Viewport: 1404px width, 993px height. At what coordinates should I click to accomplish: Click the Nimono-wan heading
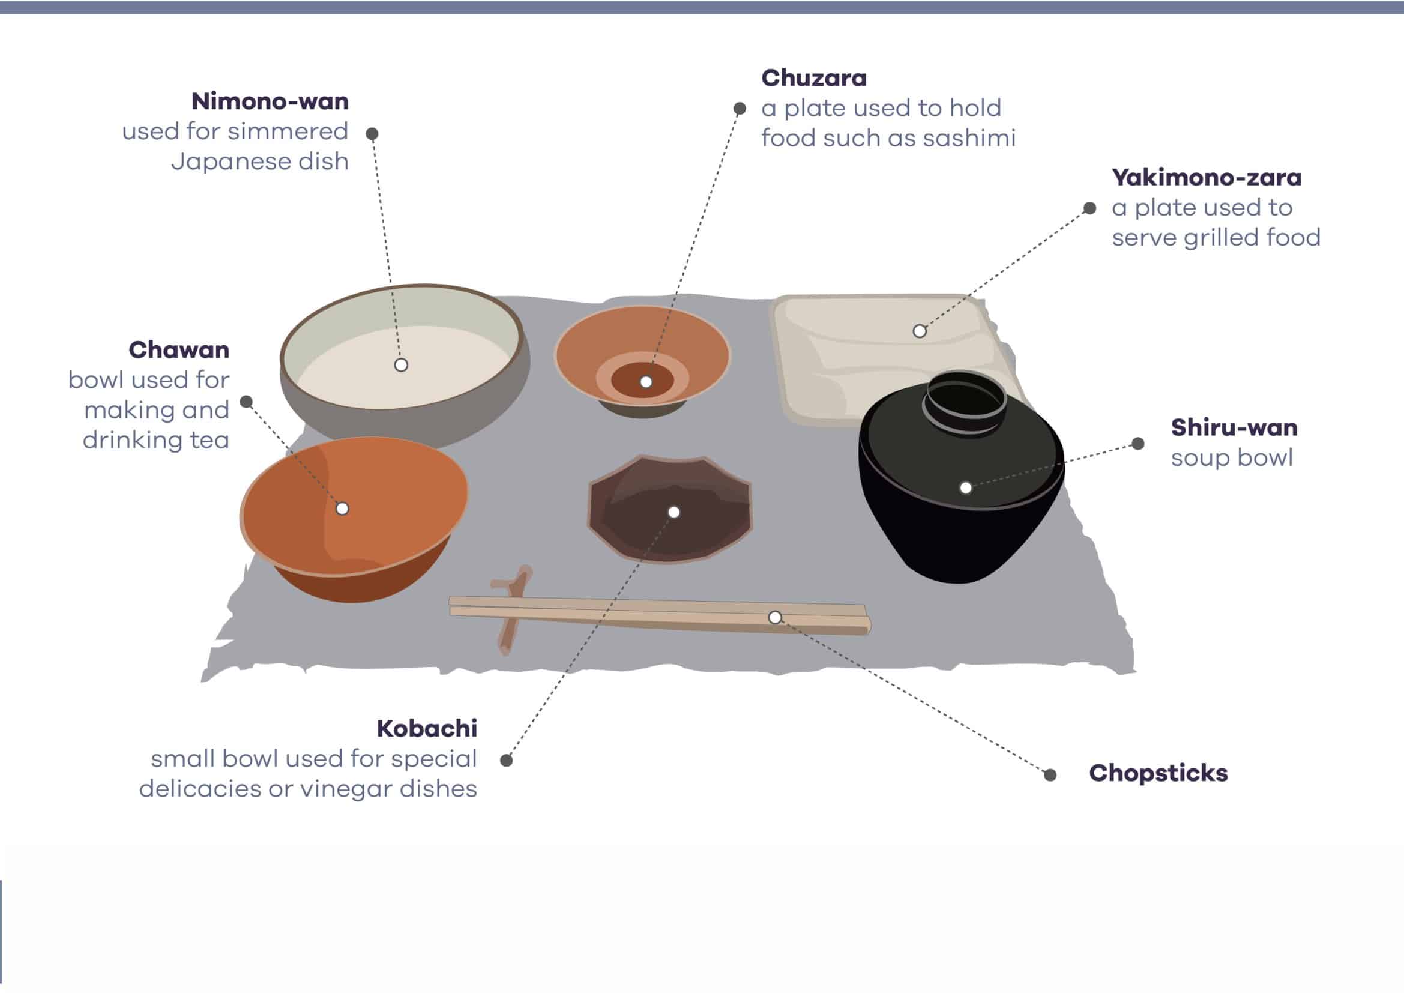pos(270,101)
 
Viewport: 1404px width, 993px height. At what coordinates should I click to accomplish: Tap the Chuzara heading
pos(813,78)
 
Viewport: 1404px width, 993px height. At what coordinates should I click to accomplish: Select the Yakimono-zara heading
pos(1207,177)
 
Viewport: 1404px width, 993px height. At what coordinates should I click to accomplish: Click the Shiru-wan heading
pos(1234,427)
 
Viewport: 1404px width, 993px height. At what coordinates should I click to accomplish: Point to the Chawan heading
pos(179,350)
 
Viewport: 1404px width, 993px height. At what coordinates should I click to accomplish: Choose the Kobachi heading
pos(427,728)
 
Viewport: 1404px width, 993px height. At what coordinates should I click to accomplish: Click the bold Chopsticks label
pos(1158,773)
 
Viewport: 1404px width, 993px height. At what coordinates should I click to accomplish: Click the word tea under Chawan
pos(208,440)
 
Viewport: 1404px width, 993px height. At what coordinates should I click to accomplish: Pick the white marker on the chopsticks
pos(775,618)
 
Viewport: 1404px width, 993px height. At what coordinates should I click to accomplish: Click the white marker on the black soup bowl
pos(966,488)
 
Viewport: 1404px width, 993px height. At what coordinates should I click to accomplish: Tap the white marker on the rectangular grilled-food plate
pos(919,331)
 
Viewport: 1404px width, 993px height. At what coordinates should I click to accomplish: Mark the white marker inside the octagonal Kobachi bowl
pos(674,512)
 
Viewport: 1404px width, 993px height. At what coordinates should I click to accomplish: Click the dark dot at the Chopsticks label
pos(1050,775)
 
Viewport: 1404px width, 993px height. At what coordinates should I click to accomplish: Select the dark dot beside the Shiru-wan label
pos(1138,444)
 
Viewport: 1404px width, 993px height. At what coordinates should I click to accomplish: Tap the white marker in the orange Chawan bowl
pos(342,509)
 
